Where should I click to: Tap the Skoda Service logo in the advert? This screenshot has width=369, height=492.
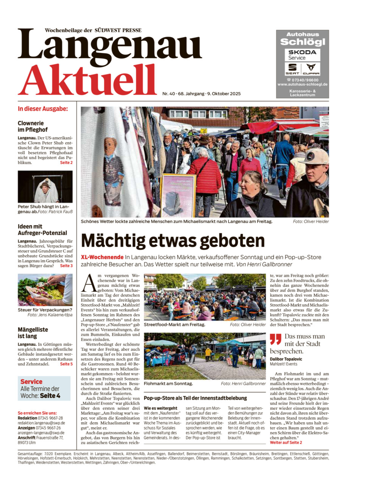tap(302, 55)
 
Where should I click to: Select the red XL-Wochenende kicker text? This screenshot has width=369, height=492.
tap(102, 257)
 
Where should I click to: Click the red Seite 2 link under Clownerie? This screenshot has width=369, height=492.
tap(66, 163)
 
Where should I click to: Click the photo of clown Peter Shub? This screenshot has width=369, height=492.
tap(45, 187)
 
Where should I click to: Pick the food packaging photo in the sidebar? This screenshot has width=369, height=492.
tap(45, 290)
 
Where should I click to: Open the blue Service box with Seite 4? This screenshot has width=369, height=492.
tap(44, 389)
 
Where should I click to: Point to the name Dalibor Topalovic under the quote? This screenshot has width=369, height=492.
tap(286, 359)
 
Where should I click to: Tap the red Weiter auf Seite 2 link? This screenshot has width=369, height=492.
tap(286, 442)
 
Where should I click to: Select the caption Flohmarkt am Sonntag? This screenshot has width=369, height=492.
tap(168, 384)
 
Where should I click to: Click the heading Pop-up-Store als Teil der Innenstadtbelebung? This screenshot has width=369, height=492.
tap(195, 398)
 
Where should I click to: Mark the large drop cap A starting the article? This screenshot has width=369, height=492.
tap(89, 283)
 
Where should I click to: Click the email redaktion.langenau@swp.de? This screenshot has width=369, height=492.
tap(41, 423)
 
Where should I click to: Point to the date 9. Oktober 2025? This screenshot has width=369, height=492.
tap(224, 94)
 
